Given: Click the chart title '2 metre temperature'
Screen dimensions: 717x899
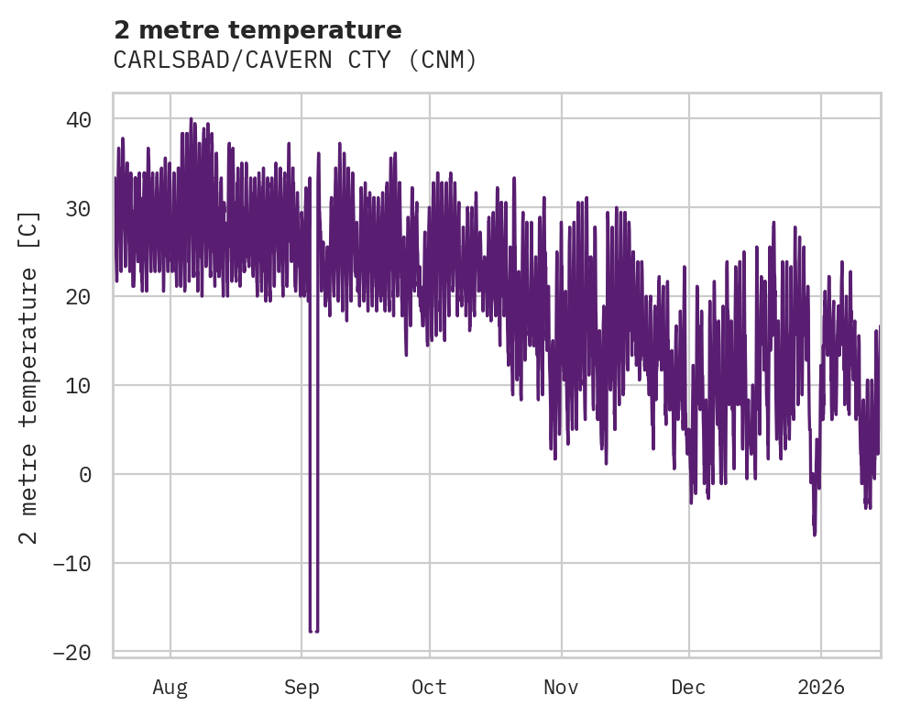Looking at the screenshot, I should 258,30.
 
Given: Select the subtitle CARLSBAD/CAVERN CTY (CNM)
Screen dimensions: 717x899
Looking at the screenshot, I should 295,61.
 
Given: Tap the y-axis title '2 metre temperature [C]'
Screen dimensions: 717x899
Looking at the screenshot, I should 29,377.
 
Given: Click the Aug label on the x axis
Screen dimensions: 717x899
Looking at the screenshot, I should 170,687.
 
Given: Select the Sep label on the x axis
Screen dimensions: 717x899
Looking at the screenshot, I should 301,687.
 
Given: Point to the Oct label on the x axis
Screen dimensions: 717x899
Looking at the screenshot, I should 429,687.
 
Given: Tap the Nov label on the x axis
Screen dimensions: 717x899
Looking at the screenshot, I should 561,687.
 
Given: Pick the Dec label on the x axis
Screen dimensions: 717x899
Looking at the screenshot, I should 688,687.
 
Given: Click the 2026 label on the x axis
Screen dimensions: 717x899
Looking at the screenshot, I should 821,687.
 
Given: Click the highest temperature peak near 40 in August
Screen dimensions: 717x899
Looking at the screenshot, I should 191,119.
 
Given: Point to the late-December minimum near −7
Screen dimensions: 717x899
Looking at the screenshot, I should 814,534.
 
